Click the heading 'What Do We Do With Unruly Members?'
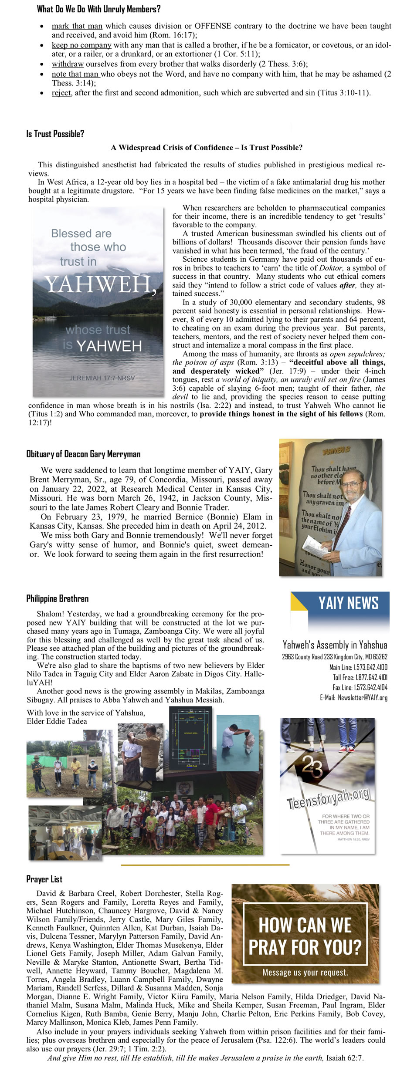(98, 9)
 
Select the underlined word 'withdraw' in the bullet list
(68, 64)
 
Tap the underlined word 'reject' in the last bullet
(61, 93)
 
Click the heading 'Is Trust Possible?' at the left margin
(55, 134)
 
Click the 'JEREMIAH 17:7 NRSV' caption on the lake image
(102, 378)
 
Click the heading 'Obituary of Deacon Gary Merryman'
(83, 454)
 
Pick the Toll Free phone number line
(360, 677)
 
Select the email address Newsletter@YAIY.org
(362, 697)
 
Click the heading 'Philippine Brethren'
(57, 598)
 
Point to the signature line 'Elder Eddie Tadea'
(57, 721)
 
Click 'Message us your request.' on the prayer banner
(305, 973)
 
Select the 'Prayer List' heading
(44, 879)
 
